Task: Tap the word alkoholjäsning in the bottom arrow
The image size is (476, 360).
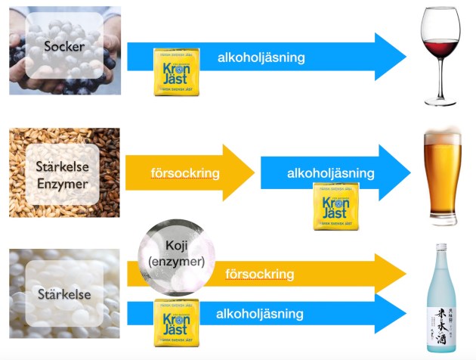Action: pyautogui.click(x=260, y=313)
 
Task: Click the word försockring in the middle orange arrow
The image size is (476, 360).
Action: pyautogui.click(x=185, y=173)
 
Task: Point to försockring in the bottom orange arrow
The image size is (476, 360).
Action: pyautogui.click(x=259, y=275)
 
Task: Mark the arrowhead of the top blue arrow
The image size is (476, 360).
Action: pyautogui.click(x=389, y=57)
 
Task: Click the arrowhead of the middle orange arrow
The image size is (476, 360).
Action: pyautogui.click(x=240, y=173)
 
